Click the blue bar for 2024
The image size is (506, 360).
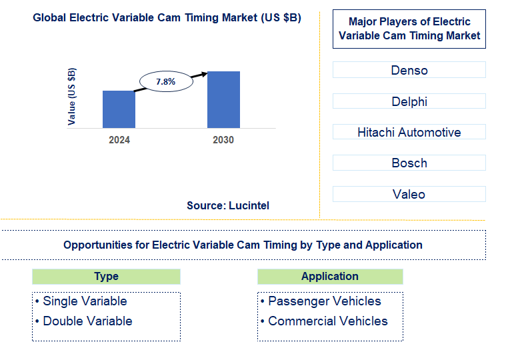point(119,109)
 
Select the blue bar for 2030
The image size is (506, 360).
point(223,99)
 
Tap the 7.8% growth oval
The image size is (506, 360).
point(165,81)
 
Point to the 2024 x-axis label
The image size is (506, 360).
point(119,140)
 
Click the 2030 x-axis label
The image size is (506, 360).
point(223,140)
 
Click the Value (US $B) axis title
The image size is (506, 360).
point(72,97)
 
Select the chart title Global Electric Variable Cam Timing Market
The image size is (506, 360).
point(167,18)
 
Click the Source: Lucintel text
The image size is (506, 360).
point(228,205)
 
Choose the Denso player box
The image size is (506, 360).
point(409,70)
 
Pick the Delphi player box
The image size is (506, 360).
point(409,101)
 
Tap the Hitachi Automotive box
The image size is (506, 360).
point(409,132)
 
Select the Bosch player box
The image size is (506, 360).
point(409,163)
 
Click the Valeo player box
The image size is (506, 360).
point(409,194)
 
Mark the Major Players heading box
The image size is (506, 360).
point(409,29)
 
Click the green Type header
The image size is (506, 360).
point(106,276)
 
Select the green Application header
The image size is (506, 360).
point(330,276)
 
